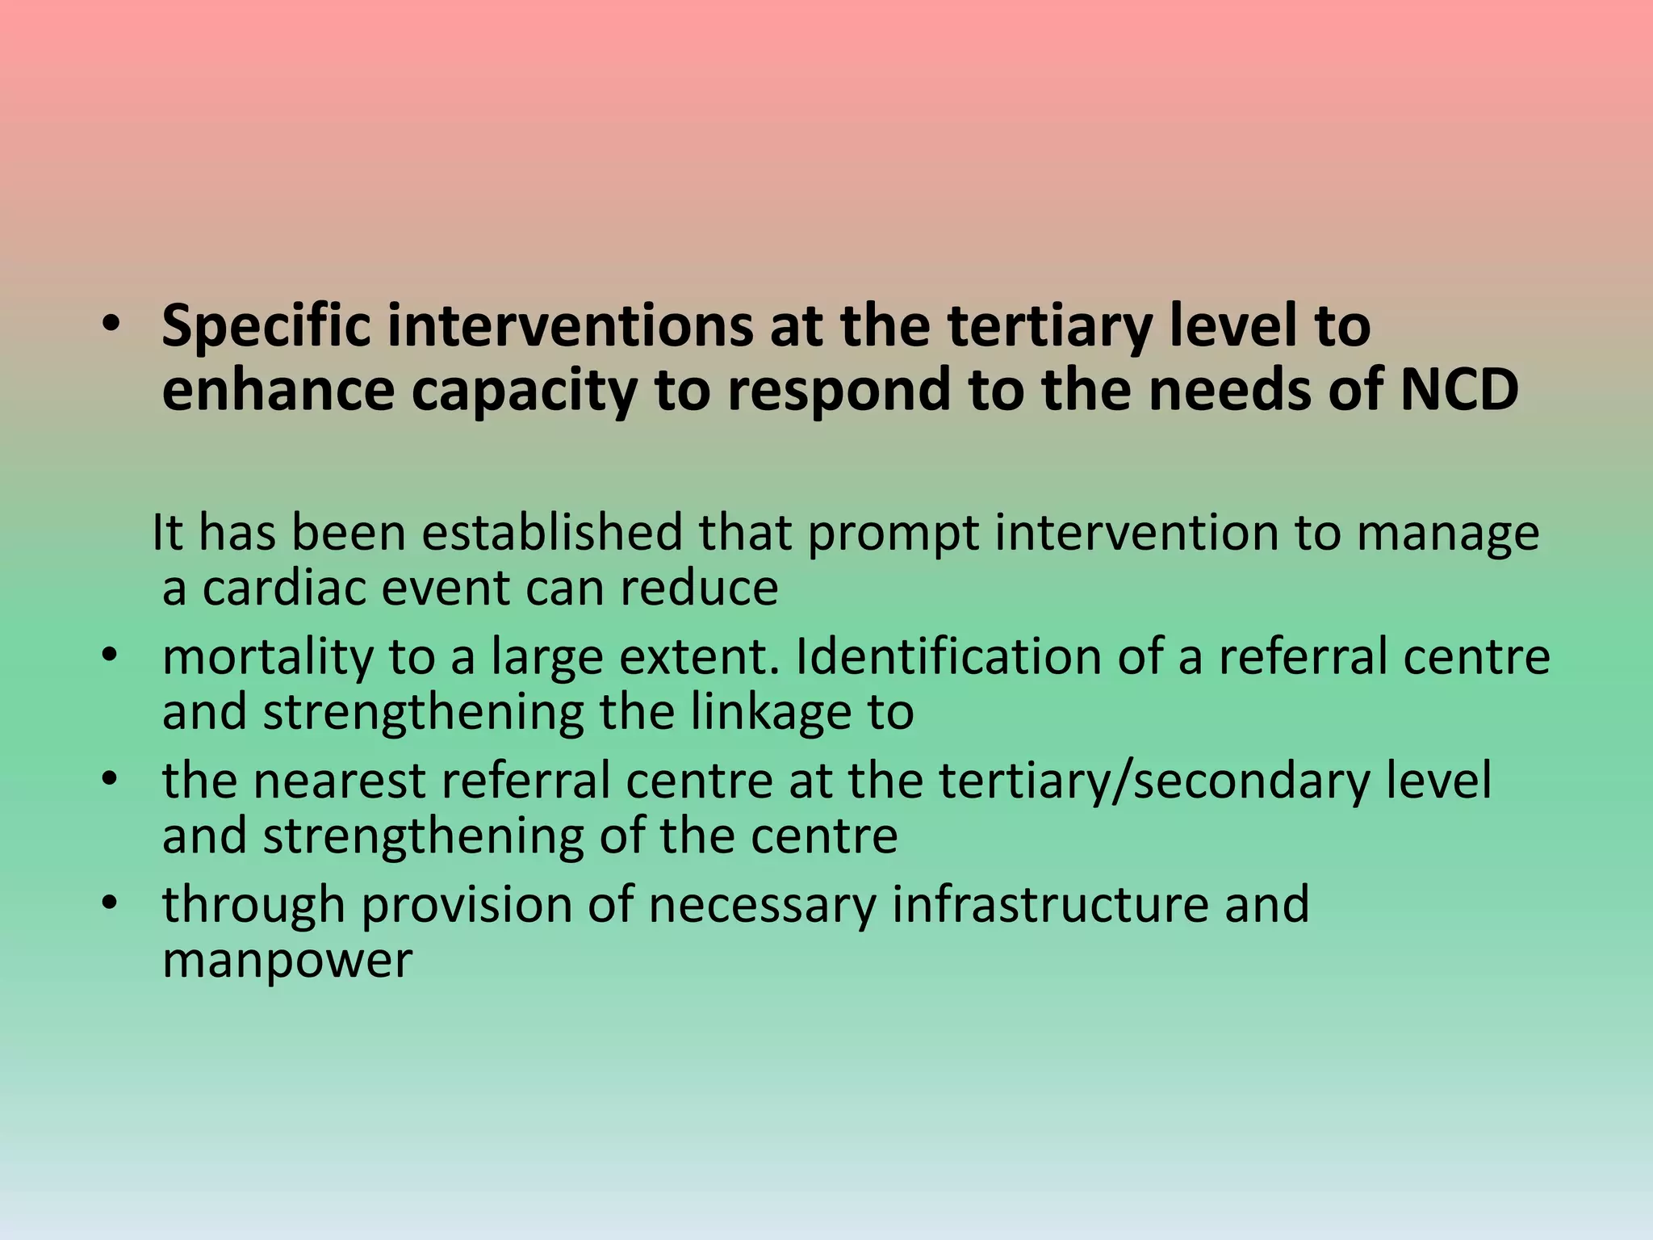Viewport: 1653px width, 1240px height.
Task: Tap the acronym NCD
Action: [1458, 390]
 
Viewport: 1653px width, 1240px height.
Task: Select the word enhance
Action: [278, 390]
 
